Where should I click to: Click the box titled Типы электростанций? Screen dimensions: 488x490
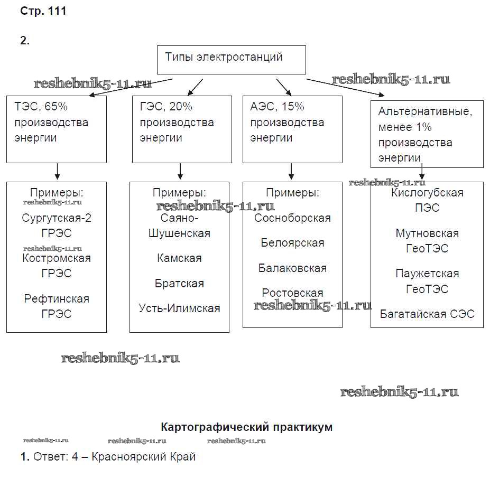pos(232,59)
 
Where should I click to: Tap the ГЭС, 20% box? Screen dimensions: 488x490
pos(181,129)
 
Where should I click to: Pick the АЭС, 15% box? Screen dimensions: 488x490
pos(292,129)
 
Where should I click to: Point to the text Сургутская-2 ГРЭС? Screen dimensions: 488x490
pos(57,226)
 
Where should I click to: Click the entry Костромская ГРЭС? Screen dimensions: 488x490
pos(57,266)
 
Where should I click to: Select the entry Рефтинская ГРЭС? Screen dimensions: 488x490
pos(57,306)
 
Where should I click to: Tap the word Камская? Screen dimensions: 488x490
pos(179,258)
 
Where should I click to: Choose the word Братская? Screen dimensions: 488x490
pos(179,284)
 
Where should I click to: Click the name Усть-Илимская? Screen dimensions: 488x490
pos(179,308)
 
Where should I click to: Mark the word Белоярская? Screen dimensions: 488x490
pos(292,243)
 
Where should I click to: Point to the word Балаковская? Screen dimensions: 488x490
pos(292,268)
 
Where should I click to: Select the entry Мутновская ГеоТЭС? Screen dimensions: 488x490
pos(427,240)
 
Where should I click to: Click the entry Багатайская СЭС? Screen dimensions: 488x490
pos(427,314)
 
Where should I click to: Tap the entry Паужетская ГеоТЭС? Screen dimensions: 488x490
pos(427,281)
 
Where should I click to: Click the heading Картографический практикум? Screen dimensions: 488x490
pos(246,427)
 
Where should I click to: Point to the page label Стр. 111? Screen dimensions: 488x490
pos(43,11)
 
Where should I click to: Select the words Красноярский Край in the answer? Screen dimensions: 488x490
pos(143,457)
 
